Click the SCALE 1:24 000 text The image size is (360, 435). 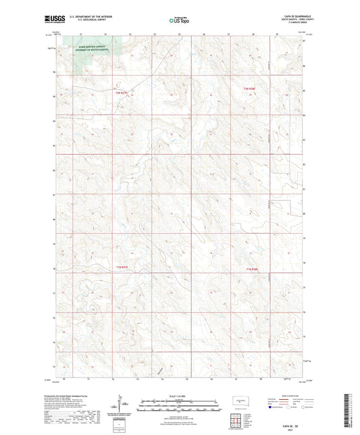(x=180, y=394)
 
